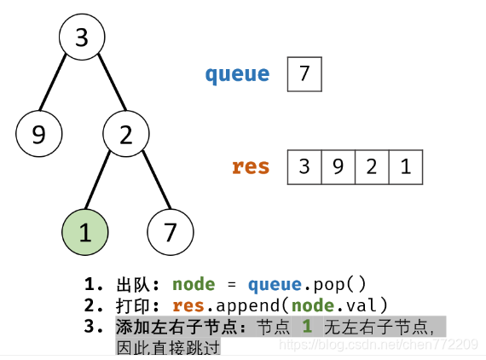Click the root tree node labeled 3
click(x=82, y=38)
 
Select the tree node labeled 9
click(x=38, y=134)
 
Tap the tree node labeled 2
click(x=126, y=134)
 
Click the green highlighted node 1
click(x=85, y=232)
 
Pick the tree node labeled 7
click(x=171, y=232)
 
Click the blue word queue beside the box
click(x=237, y=74)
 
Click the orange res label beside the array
click(x=251, y=166)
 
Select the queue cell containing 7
click(x=304, y=74)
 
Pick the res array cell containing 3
click(x=304, y=167)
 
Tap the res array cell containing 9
click(x=338, y=167)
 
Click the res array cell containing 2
click(x=372, y=167)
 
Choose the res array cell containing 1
click(x=406, y=167)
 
